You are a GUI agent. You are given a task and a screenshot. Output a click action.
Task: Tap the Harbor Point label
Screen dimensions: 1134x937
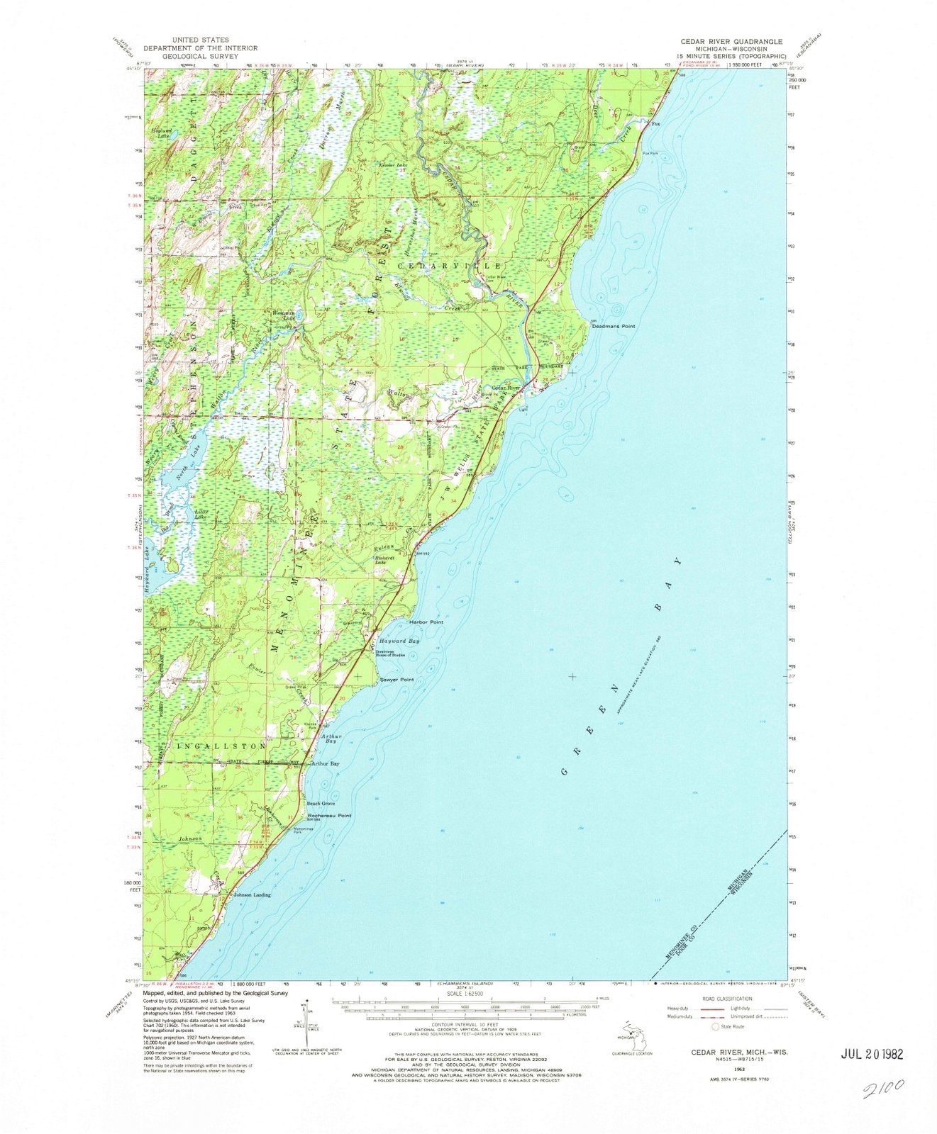click(x=426, y=622)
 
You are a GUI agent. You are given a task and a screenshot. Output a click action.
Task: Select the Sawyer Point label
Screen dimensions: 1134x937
click(x=397, y=680)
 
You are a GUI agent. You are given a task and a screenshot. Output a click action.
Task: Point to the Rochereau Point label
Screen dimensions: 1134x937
click(x=329, y=816)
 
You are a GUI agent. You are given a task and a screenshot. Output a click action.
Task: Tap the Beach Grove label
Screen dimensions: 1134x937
click(x=321, y=804)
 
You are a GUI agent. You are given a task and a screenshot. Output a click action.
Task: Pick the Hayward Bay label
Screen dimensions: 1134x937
click(x=401, y=640)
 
